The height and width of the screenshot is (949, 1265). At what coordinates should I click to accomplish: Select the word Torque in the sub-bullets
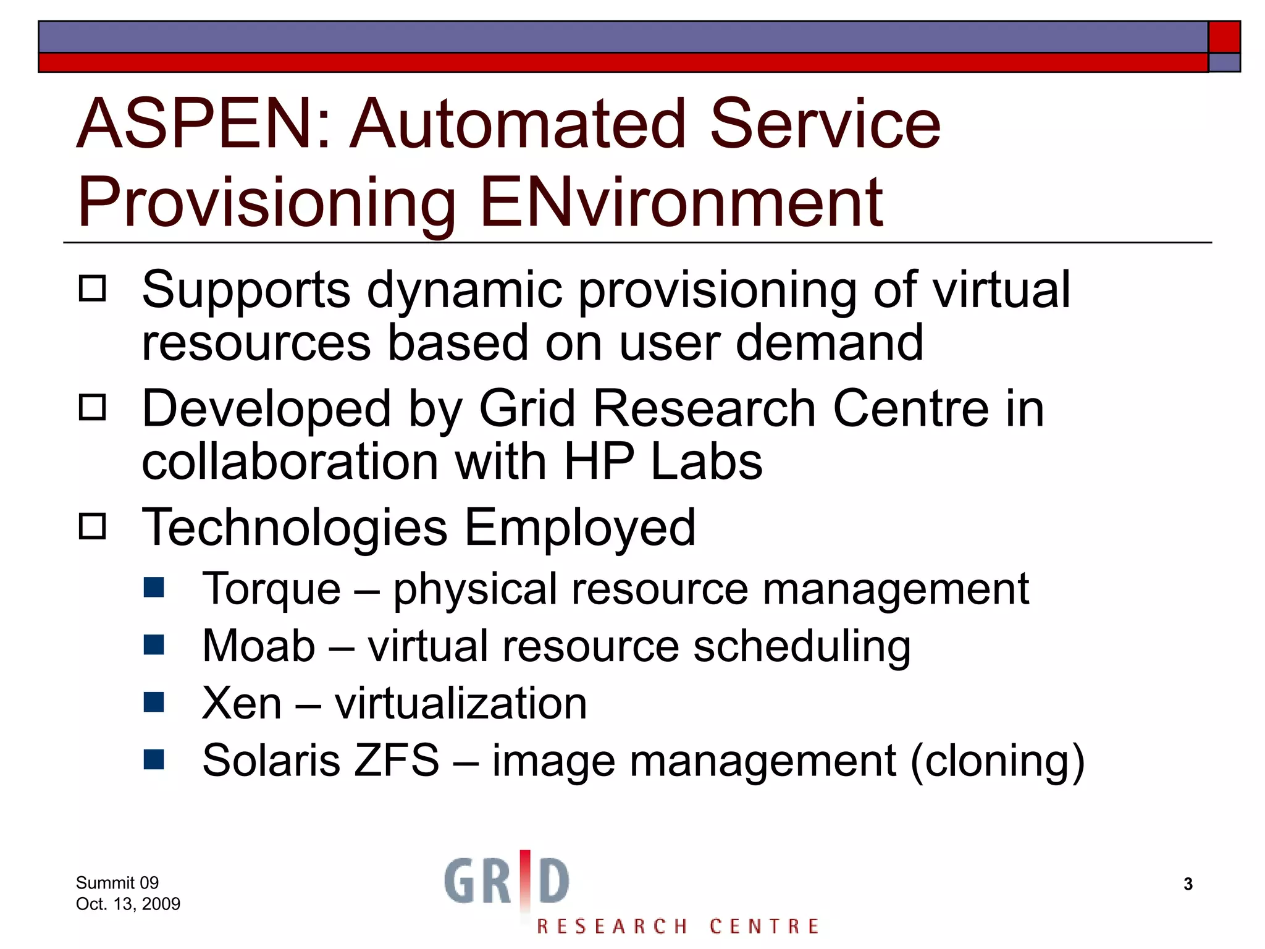pos(271,589)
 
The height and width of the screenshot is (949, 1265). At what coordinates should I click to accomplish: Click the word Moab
pos(258,646)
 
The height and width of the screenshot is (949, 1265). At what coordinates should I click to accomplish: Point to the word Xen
pos(242,703)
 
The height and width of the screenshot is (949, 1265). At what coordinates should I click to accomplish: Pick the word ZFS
pos(396,760)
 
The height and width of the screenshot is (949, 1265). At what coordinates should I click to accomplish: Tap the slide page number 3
pos(1188,884)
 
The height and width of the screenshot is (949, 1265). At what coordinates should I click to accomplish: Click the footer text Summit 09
pos(117,882)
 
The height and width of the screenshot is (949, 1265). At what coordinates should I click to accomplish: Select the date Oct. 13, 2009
pos(128,904)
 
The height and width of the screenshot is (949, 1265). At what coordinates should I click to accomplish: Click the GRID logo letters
pos(506,880)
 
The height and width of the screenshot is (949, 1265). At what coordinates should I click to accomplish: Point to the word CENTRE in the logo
pos(764,926)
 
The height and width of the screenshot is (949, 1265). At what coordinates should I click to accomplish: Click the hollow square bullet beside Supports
pos(93,289)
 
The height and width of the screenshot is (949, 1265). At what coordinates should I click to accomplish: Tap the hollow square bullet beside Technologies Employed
pos(93,526)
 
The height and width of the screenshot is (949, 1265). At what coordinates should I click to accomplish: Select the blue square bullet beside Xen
pos(154,702)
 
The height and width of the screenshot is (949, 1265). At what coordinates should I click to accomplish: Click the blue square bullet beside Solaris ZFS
pos(154,759)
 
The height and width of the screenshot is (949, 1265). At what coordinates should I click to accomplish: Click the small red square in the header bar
pos(1224,37)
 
